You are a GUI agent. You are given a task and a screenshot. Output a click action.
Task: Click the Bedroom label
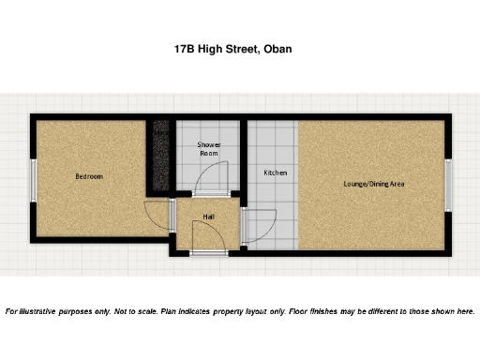[x=89, y=176]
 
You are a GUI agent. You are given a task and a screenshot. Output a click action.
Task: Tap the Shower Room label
[x=208, y=149]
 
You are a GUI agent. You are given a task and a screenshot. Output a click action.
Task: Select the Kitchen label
[x=275, y=173]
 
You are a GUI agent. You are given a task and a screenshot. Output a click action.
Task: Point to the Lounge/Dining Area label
[x=372, y=184]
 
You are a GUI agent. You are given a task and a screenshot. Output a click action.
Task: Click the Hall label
[x=208, y=217]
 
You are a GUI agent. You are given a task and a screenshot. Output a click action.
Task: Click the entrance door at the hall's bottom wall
[x=208, y=251]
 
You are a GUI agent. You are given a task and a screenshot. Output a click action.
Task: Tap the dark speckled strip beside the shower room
[x=160, y=155]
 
